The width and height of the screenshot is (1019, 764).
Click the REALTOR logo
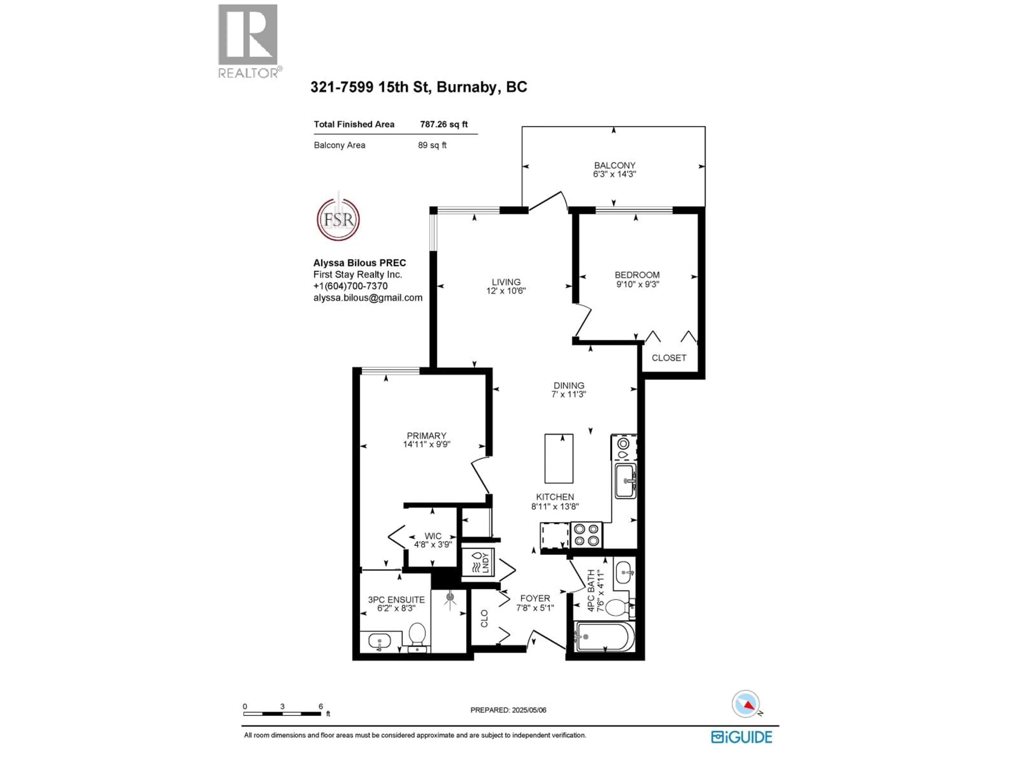248,41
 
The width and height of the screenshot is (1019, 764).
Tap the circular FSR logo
338,219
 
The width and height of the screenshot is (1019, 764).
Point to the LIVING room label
506,282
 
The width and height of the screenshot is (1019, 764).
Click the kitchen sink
625,481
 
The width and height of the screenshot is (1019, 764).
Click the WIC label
433,536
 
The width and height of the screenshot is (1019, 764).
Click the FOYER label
535,598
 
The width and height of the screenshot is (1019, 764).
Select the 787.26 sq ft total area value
444,124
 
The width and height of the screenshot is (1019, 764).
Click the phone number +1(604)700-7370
350,286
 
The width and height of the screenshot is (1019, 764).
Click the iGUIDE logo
741,737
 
